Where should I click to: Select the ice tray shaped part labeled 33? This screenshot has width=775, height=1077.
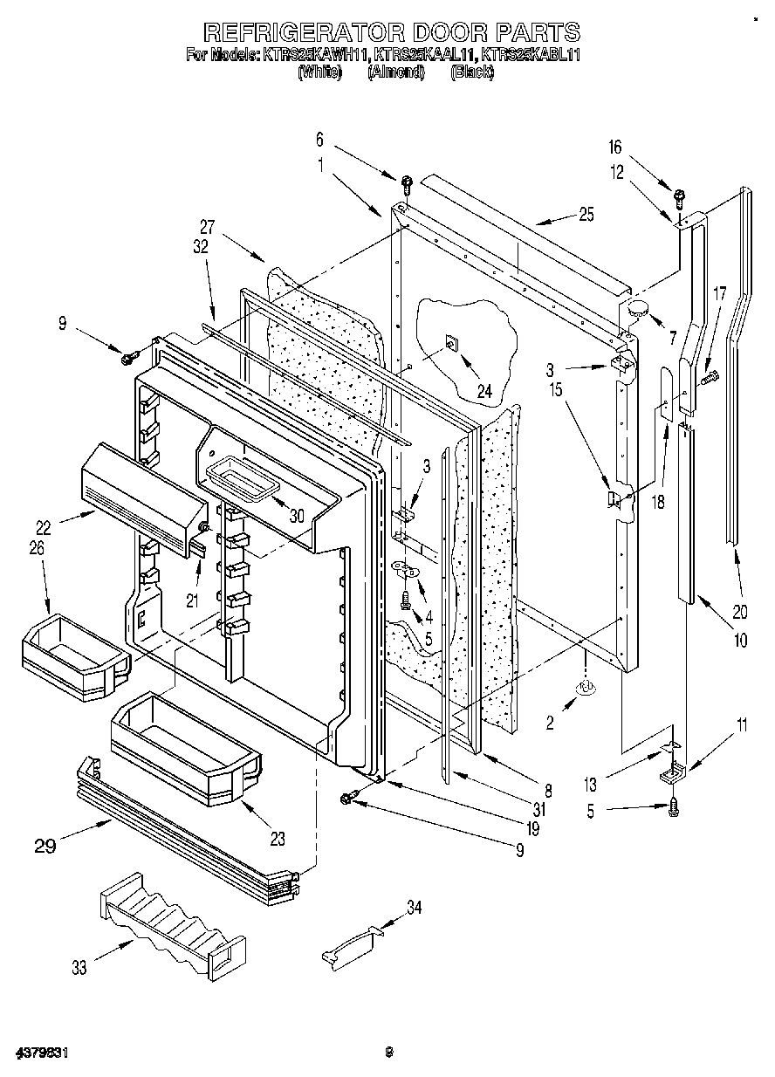coord(170,926)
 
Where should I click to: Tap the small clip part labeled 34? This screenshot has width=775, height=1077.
coord(354,945)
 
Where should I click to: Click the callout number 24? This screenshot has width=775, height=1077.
coord(484,392)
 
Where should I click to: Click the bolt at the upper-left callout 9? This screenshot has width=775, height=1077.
coord(132,355)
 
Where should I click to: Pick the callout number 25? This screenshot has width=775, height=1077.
coord(586,215)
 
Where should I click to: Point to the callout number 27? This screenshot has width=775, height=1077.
coord(206,224)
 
